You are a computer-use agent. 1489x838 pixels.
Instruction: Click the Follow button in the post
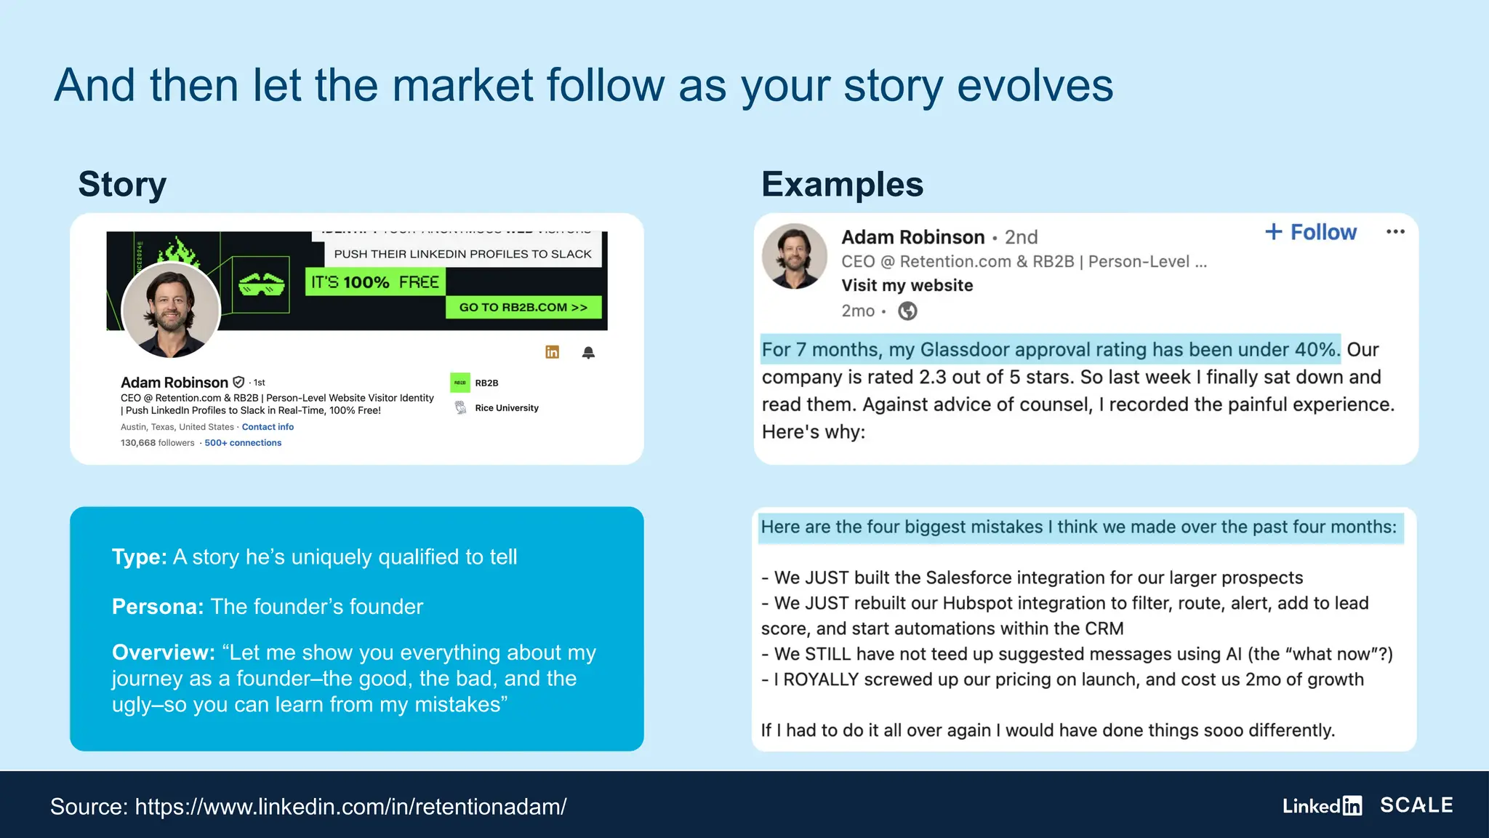coord(1311,232)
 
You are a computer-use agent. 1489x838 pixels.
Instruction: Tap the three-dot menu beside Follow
coord(1395,232)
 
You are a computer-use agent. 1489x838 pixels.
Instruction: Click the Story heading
coord(122,184)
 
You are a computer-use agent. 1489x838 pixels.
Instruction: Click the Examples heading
coord(842,184)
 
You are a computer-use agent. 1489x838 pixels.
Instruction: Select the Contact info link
coord(268,427)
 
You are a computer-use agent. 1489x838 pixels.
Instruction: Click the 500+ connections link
coord(243,443)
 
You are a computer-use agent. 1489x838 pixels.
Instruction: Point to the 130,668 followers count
coord(157,443)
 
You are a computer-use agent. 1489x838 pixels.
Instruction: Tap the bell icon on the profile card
coord(588,353)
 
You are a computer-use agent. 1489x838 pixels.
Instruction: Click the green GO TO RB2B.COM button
coord(523,307)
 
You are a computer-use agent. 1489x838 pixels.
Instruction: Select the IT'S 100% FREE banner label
coord(375,282)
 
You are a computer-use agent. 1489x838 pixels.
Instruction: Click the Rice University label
coord(506,408)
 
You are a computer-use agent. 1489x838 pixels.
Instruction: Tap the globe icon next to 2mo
coord(907,311)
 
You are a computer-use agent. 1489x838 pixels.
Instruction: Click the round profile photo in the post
coord(794,256)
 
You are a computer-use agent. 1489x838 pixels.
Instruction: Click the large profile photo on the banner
coord(171,310)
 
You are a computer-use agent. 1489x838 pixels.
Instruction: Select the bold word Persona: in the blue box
coord(158,607)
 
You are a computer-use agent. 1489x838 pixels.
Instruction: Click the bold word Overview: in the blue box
coord(164,653)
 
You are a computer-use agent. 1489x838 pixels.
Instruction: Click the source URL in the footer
coord(350,807)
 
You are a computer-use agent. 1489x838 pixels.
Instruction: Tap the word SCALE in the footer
coord(1416,805)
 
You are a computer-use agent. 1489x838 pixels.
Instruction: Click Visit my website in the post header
coord(907,285)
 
